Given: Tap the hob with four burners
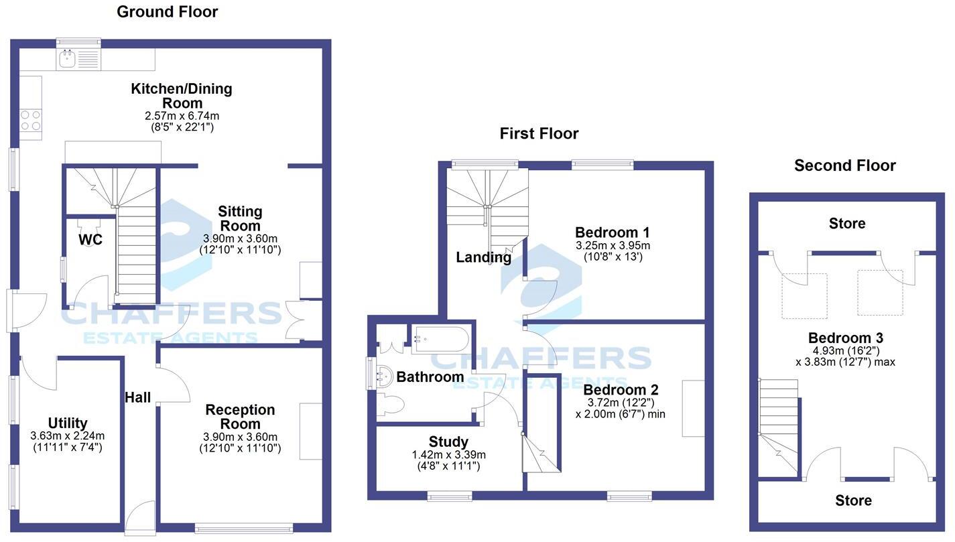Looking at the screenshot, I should (x=30, y=121).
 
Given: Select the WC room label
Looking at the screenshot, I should (x=90, y=240).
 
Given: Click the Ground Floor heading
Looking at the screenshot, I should (x=168, y=11).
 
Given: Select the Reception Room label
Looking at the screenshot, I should (x=240, y=417).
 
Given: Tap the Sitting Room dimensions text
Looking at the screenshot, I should (x=240, y=244).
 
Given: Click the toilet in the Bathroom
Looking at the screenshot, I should (x=389, y=405).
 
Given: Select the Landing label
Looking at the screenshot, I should (x=484, y=257).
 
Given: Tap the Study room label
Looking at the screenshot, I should (x=448, y=442).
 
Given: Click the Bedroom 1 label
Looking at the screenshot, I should (x=613, y=232).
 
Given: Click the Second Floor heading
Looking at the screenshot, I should (x=844, y=165).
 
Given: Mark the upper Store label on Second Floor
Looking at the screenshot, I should (x=847, y=223).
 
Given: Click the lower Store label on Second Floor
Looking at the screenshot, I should (x=854, y=500).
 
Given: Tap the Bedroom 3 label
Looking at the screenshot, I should (x=845, y=338).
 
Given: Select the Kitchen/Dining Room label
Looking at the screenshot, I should (x=182, y=96).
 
